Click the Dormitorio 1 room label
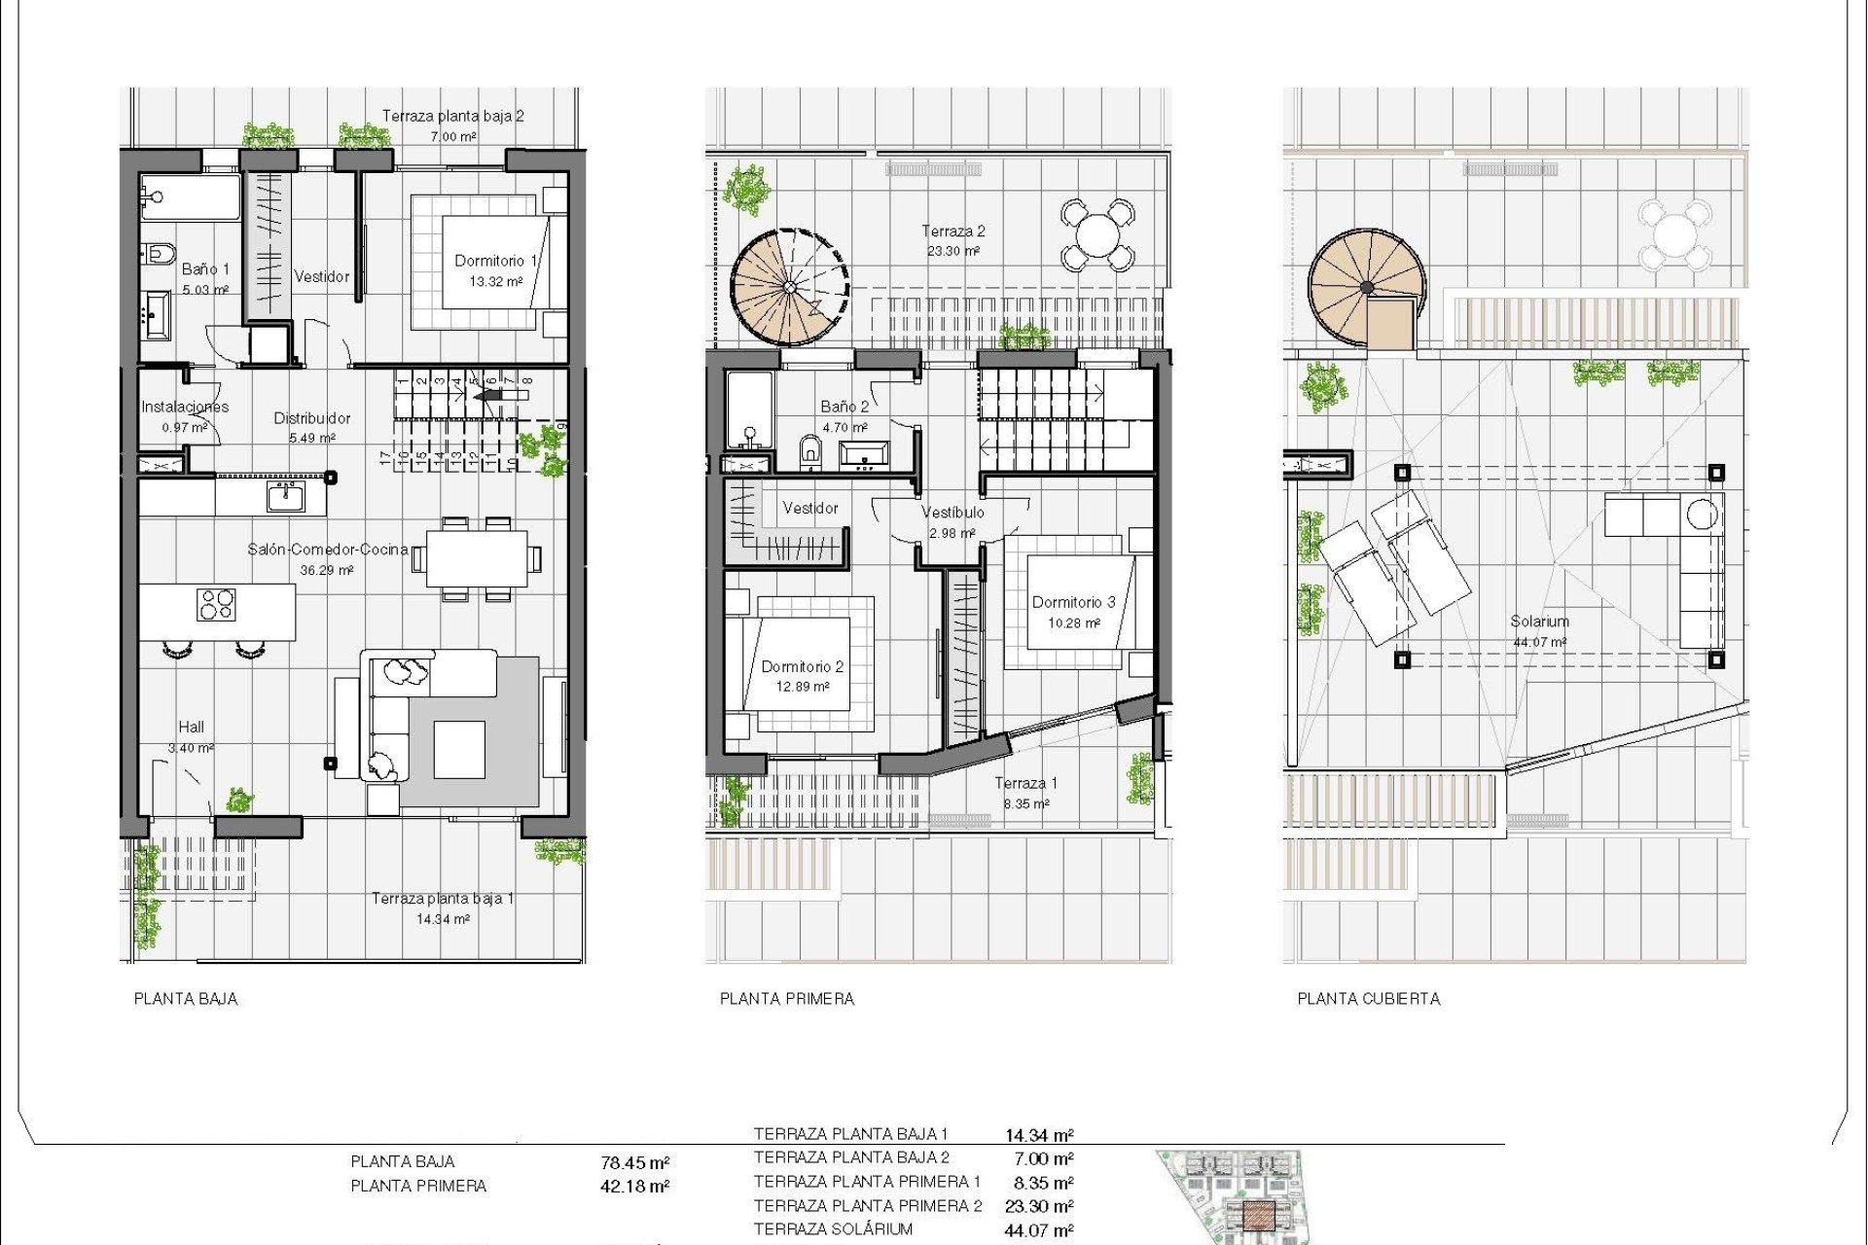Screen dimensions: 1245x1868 [x=496, y=261]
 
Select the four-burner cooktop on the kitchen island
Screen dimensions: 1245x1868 [x=216, y=604]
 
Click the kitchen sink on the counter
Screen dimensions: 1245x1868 [x=285, y=496]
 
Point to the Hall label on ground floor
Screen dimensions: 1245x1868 [x=192, y=727]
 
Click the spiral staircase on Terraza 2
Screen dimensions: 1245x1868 [x=789, y=287]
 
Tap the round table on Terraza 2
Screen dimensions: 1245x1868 [x=1096, y=234]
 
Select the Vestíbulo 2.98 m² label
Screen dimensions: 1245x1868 [x=952, y=521]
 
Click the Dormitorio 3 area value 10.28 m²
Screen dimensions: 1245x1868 [x=1073, y=622]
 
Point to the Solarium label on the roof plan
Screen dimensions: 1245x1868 [x=1539, y=621]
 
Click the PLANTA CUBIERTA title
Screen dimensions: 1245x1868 [x=1368, y=999]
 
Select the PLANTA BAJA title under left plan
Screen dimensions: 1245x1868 [x=186, y=999]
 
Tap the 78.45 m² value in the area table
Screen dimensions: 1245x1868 [x=635, y=1163]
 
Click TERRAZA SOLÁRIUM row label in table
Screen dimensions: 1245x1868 [x=833, y=1229]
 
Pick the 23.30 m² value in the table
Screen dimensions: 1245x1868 [x=1039, y=1207]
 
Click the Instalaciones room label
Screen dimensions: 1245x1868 [x=185, y=407]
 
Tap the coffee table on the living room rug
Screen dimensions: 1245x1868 [x=459, y=749]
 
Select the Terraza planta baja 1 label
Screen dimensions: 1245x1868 [x=443, y=898]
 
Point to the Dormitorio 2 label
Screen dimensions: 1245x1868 [x=802, y=666]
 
